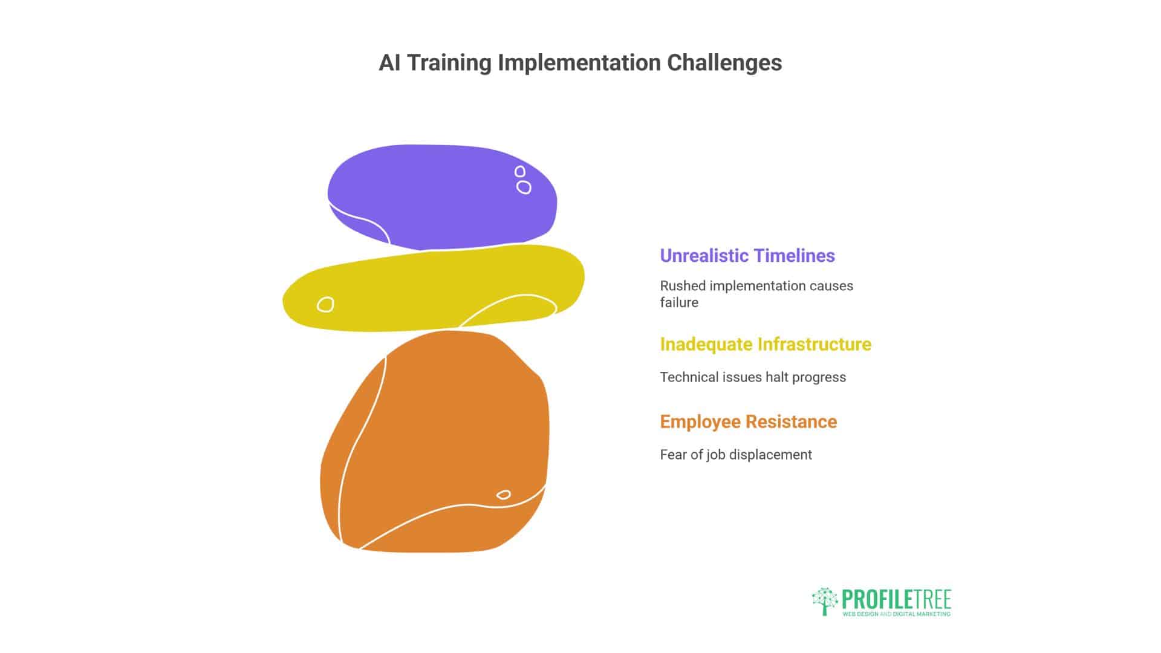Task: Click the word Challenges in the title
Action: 724,63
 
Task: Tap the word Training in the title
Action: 449,63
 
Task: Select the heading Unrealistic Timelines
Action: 747,256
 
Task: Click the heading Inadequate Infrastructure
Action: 765,344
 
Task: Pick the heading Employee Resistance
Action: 748,421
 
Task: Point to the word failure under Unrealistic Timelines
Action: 678,302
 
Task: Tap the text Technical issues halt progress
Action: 752,377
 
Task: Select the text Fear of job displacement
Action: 735,455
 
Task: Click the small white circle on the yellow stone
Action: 325,304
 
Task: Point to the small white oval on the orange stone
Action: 503,495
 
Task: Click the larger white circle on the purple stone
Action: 524,187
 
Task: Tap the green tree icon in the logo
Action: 824,601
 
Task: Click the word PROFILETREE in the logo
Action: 896,599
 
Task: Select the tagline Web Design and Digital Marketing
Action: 896,614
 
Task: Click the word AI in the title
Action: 389,63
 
